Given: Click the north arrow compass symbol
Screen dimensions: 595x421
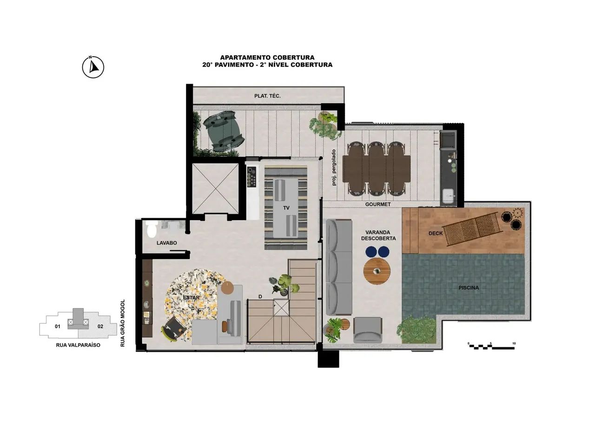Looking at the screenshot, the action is [x=93, y=67].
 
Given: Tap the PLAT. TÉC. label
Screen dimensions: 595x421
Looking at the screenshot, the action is [x=267, y=96].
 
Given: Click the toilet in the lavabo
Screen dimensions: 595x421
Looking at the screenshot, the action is [x=152, y=229].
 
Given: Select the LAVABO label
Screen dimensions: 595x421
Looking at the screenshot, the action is [x=166, y=243].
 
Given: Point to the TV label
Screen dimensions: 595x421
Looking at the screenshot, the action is [x=286, y=208].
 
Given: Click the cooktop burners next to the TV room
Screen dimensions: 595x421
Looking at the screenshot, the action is [x=251, y=176].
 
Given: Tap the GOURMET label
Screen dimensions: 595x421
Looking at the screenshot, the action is [x=378, y=204].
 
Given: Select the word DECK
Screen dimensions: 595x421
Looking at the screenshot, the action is [x=436, y=234].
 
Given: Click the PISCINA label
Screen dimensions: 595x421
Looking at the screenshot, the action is [x=469, y=287].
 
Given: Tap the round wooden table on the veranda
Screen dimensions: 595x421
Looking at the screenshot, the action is [x=377, y=271].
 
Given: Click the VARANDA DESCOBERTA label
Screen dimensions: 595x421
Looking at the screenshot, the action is [x=378, y=235].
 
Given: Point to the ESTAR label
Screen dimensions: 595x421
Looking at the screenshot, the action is [x=191, y=297].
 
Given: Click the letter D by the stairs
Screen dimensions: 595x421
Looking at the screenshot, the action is [x=260, y=297].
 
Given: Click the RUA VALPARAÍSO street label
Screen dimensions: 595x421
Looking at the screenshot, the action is [x=78, y=345].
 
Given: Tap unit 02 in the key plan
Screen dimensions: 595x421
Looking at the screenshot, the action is [x=100, y=327].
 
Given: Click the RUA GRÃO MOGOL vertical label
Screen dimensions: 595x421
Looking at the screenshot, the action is [x=122, y=323].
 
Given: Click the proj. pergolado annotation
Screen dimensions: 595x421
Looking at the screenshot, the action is [x=334, y=167].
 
